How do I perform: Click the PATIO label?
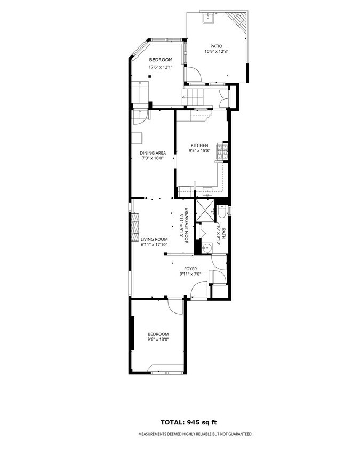coord(216,46)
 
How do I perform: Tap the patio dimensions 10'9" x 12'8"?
coord(216,52)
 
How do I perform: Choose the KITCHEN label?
coord(199,146)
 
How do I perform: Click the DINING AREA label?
coord(153,153)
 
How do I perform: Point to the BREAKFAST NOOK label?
coord(185,225)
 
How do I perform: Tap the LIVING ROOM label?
coord(154,239)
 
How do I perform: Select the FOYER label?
coord(190,269)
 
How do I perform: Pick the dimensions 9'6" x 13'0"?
coord(158,339)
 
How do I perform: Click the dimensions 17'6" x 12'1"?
coord(160,67)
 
